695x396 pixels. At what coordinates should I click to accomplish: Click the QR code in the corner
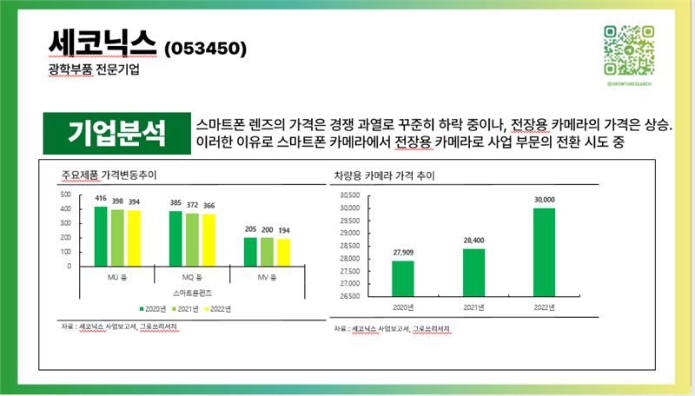[x=628, y=49]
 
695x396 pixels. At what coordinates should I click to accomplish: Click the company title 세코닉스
[x=103, y=42]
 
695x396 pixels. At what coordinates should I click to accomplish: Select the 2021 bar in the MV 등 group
[x=267, y=250]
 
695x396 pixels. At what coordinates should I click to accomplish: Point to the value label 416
[x=101, y=199]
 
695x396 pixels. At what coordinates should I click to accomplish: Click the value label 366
[x=208, y=205]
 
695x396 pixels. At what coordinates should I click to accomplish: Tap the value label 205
[x=251, y=229]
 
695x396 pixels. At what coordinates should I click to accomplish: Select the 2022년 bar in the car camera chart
[x=544, y=252]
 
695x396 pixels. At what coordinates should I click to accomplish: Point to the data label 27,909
[x=403, y=253]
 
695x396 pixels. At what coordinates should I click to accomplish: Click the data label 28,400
[x=473, y=241]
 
